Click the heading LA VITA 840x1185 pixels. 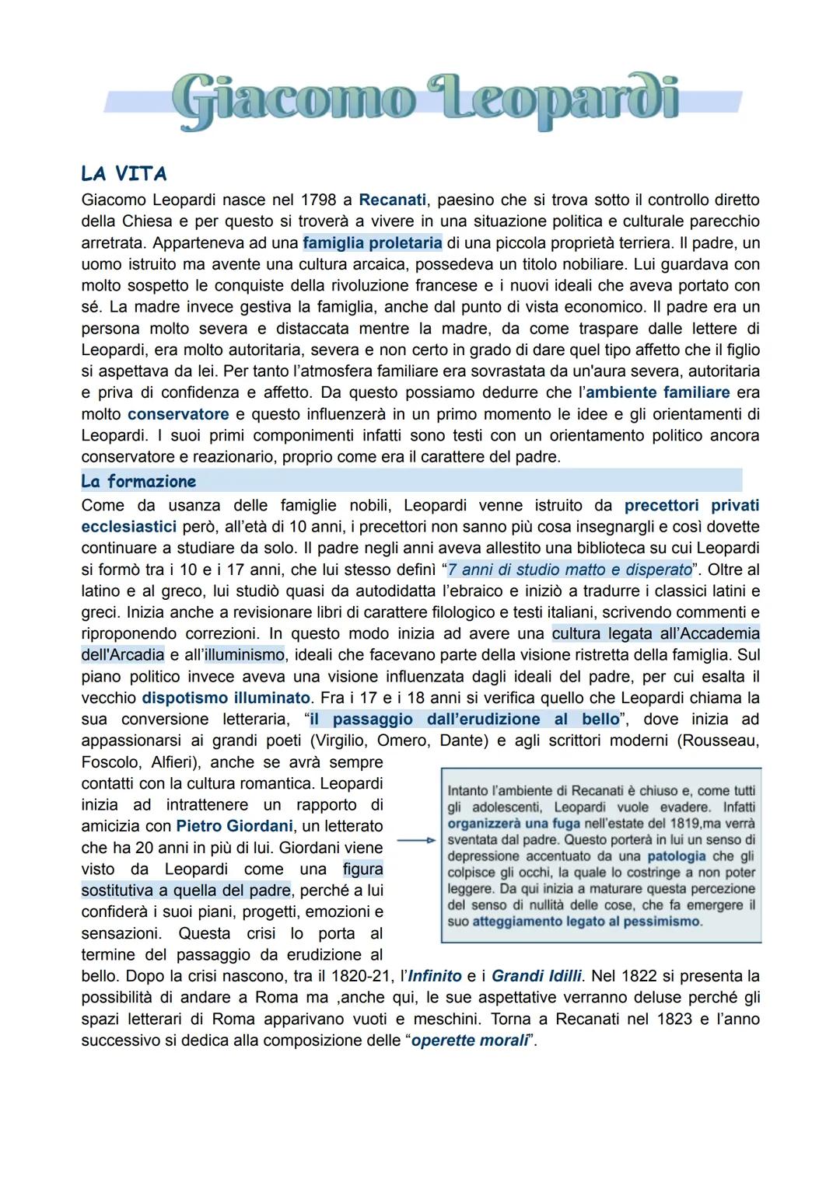coord(124,173)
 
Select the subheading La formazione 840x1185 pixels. coord(138,481)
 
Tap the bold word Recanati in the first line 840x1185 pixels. coord(392,200)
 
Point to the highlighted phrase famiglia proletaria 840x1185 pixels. coord(372,242)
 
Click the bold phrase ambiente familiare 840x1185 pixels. coord(657,392)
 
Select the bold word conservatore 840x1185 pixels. coord(178,414)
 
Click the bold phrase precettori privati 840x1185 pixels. coord(691,505)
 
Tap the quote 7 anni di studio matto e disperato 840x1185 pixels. coord(570,570)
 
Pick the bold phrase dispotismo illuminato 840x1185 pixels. coord(226,698)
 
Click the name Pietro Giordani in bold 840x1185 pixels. coord(234,826)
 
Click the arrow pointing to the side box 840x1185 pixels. coord(415,840)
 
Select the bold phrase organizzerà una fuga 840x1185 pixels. coord(513,824)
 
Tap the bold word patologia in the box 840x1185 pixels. coord(676,856)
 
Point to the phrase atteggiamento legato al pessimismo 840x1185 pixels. coord(586,922)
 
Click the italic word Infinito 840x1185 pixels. coord(435,976)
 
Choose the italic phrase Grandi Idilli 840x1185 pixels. coord(536,976)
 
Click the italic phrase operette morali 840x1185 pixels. coord(470,1040)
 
